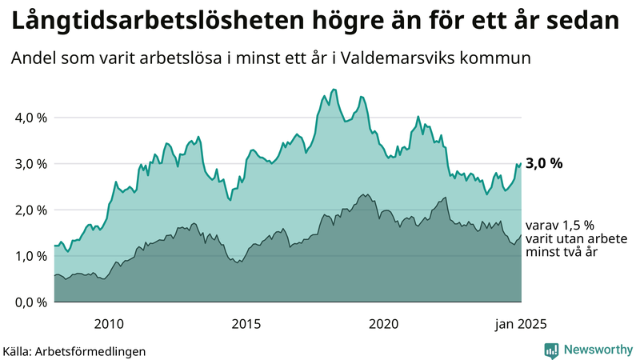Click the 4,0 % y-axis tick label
[x=31, y=118]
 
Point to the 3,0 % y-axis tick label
[x=31, y=164]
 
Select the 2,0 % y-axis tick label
[x=31, y=210]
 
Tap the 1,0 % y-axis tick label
[x=31, y=256]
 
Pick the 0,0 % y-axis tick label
[x=31, y=302]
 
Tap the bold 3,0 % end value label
[x=544, y=164]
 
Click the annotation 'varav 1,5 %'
[x=560, y=226]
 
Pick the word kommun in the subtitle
[x=502, y=59]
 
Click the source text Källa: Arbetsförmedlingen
[x=74, y=350]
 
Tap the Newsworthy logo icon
[x=551, y=350]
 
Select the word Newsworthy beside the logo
[x=598, y=350]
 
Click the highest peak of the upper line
[x=334, y=90]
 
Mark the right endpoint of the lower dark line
[x=521, y=235]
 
